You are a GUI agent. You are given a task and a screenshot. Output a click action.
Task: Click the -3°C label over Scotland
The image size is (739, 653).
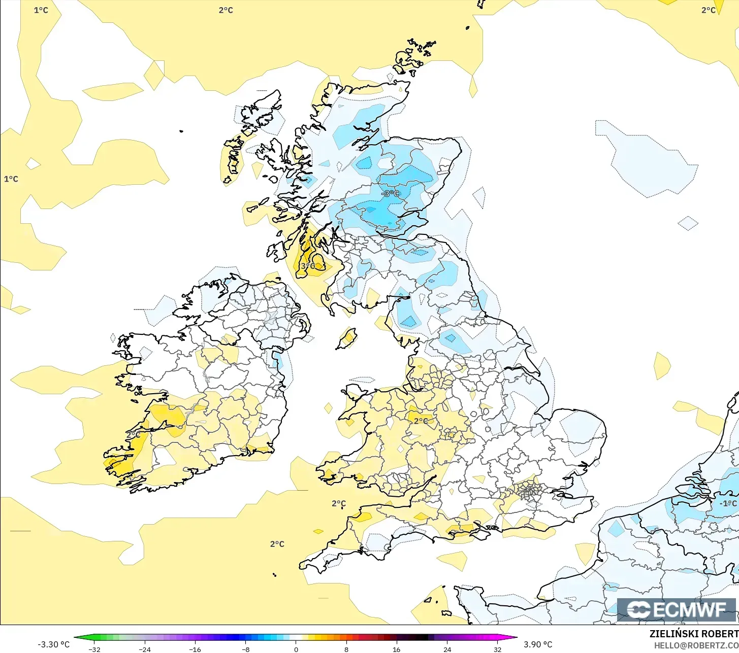coord(391,193)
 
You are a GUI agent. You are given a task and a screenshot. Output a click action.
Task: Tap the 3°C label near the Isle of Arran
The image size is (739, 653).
coord(308,266)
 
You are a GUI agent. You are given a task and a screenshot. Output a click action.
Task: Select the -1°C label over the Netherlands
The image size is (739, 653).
coord(728,503)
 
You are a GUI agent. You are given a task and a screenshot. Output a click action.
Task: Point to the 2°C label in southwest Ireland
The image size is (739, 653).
coord(134,435)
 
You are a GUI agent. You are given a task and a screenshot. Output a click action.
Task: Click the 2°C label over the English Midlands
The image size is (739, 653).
coord(421,421)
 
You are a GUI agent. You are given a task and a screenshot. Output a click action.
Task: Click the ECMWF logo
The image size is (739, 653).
coord(677,609)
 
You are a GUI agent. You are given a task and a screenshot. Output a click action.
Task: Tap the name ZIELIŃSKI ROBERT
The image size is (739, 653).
coord(694,634)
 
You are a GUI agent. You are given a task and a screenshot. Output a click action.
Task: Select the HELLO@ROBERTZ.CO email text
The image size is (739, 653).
coord(696,645)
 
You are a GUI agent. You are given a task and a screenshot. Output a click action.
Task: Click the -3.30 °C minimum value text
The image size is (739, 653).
coord(53,644)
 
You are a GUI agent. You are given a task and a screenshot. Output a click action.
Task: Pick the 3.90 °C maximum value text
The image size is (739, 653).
coord(538,644)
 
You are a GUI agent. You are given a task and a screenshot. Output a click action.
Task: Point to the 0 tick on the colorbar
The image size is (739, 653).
coord(296,649)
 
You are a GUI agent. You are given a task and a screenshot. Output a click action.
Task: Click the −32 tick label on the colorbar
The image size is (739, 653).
coord(94,649)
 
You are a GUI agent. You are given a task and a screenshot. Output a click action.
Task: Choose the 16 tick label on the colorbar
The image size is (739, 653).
coord(396,649)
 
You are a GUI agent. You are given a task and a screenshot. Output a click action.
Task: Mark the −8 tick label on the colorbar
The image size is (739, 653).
coord(245,649)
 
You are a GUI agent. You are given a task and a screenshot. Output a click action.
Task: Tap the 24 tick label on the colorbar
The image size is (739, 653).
coord(447,649)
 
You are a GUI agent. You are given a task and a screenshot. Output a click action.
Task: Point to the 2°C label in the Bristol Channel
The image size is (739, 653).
coord(339,503)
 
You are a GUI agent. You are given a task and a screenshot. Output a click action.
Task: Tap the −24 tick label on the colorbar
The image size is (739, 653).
coord(145,649)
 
